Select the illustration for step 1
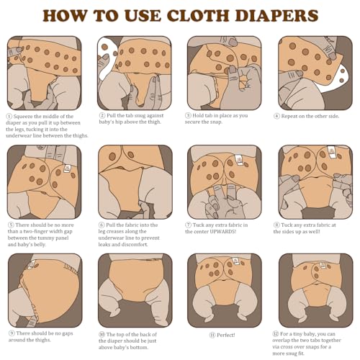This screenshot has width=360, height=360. tap(45, 73)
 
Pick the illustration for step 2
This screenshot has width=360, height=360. tap(135, 73)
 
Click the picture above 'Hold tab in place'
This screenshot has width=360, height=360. tap(224, 73)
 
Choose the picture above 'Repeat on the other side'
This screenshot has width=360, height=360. tap(314, 73)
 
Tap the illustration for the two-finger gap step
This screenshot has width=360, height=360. tap(45, 181)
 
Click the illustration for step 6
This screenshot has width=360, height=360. tap(135, 181)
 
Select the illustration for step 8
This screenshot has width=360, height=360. tap(314, 181)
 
